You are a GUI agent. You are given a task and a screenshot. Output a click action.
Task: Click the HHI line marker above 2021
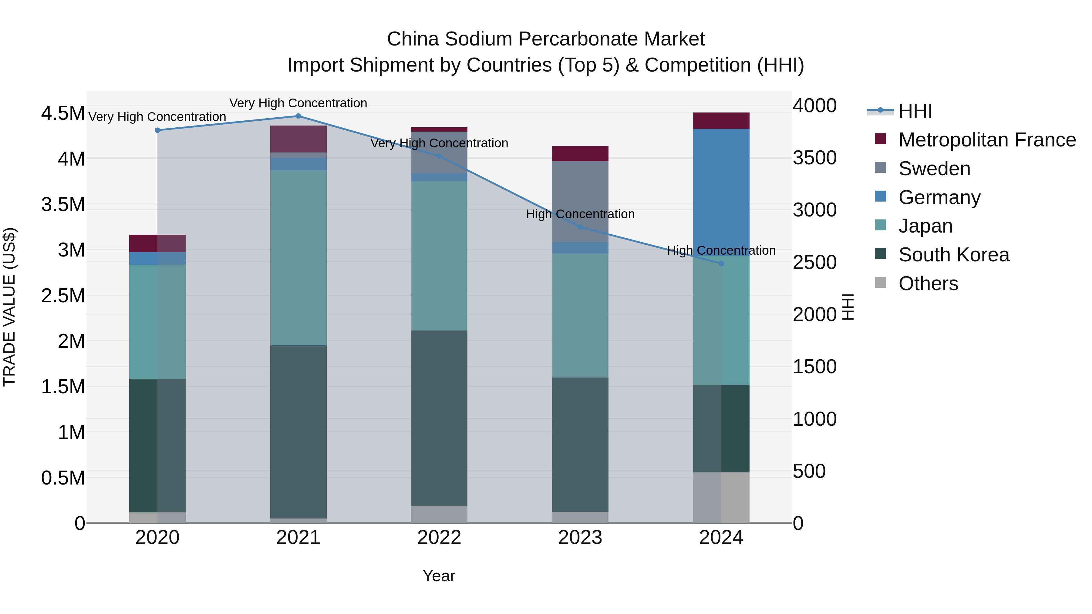298,116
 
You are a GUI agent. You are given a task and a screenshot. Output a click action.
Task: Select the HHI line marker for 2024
721,263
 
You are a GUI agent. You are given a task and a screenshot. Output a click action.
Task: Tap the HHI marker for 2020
157,130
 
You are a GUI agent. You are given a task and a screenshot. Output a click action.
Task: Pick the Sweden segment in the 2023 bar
580,201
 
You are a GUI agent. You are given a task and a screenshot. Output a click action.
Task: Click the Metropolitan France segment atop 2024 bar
721,121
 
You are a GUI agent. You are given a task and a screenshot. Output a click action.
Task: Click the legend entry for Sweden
934,169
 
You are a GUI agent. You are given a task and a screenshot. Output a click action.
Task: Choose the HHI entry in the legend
915,111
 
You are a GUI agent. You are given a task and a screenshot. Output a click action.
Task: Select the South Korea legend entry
953,255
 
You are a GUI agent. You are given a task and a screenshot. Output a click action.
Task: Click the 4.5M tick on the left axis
63,114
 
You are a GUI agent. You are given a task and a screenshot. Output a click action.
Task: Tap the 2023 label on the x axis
580,538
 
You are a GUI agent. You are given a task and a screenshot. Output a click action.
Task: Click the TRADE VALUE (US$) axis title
9,307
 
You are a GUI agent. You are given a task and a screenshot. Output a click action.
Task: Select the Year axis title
439,576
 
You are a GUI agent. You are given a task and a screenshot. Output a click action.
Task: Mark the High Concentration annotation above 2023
580,214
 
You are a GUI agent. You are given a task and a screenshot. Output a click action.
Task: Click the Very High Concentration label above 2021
298,103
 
